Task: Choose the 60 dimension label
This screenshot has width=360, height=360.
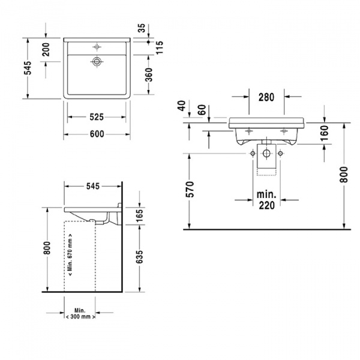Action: click(201, 110)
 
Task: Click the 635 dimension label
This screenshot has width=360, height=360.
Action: click(140, 256)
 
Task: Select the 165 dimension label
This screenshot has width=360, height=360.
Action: click(140, 214)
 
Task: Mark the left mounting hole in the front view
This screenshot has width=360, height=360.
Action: click(253, 154)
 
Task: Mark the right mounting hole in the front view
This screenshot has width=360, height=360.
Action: click(280, 154)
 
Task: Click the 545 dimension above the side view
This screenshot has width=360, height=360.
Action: click(92, 186)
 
